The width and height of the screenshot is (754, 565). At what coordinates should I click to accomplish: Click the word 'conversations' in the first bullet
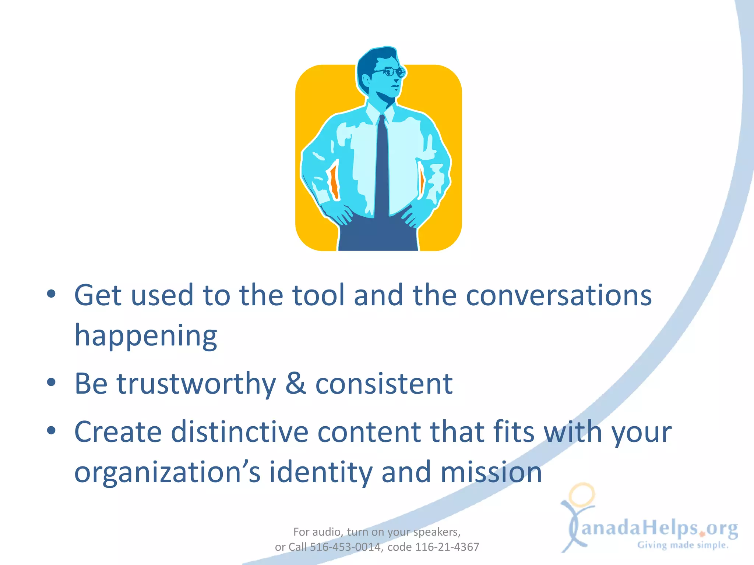pyautogui.click(x=559, y=295)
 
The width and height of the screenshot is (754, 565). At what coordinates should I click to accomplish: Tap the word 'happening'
pyautogui.click(x=146, y=336)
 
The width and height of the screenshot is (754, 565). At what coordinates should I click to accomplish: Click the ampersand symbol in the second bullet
pyautogui.click(x=296, y=383)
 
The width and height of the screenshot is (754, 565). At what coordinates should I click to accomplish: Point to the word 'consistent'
pyautogui.click(x=384, y=384)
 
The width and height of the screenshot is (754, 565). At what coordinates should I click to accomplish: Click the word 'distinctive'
pyautogui.click(x=240, y=432)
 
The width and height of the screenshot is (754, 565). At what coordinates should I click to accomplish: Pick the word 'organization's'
pyautogui.click(x=168, y=473)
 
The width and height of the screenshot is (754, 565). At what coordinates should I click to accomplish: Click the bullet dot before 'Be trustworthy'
pyautogui.click(x=51, y=382)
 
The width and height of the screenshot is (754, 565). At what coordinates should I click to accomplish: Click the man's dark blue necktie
pyautogui.click(x=382, y=166)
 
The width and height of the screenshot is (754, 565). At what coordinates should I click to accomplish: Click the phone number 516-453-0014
pyautogui.click(x=345, y=547)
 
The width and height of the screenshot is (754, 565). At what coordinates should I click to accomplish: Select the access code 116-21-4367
pyautogui.click(x=447, y=547)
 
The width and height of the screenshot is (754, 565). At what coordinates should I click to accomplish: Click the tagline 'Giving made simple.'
pyautogui.click(x=683, y=545)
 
